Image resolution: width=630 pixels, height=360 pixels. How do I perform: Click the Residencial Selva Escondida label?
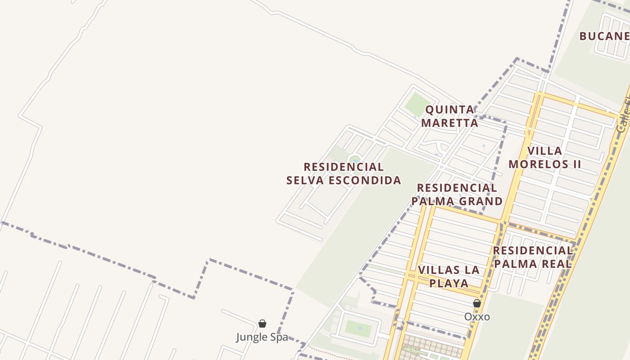343,174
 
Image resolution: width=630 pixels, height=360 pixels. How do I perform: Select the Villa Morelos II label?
544,157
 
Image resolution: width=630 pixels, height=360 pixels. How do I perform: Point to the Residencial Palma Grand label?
457,194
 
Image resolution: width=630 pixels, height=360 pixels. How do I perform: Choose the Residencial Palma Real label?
532,257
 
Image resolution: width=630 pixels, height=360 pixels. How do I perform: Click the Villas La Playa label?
449,276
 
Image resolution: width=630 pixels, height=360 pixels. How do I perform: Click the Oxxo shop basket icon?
477,304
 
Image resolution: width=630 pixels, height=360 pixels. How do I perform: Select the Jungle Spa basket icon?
262,324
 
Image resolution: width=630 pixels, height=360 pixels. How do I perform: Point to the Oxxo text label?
477,317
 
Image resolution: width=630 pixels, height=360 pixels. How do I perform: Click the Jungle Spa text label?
262,337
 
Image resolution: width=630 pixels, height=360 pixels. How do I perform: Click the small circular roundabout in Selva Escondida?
355,160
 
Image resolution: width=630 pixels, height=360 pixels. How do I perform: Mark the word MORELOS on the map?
534,164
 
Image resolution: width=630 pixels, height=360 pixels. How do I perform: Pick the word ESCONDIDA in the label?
365,180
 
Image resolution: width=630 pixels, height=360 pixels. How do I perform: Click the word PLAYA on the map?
449,283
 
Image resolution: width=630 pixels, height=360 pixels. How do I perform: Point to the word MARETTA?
450,123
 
